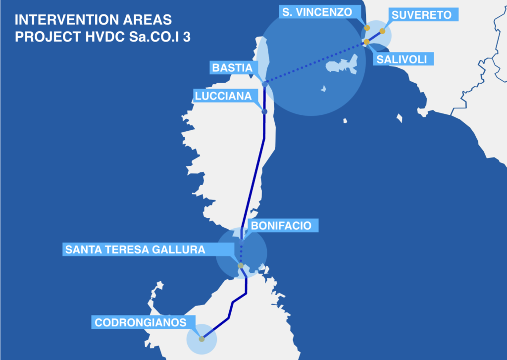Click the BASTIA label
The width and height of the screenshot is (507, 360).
[x=232, y=67]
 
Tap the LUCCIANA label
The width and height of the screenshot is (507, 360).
[x=223, y=96]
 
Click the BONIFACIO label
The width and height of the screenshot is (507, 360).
[x=281, y=226]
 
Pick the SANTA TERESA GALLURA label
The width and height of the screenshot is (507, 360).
[x=135, y=250]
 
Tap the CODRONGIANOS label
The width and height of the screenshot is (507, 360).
[x=141, y=323]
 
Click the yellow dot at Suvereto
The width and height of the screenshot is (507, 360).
[x=383, y=31]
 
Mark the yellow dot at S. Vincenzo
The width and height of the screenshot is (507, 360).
[x=367, y=28]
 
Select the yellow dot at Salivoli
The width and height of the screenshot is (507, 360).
[x=366, y=42]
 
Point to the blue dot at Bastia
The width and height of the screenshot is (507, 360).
[x=265, y=84]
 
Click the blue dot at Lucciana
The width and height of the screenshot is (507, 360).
[x=264, y=111]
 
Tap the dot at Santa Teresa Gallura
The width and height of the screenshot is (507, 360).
[x=241, y=266]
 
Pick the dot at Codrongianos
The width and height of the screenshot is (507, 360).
[x=202, y=339]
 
